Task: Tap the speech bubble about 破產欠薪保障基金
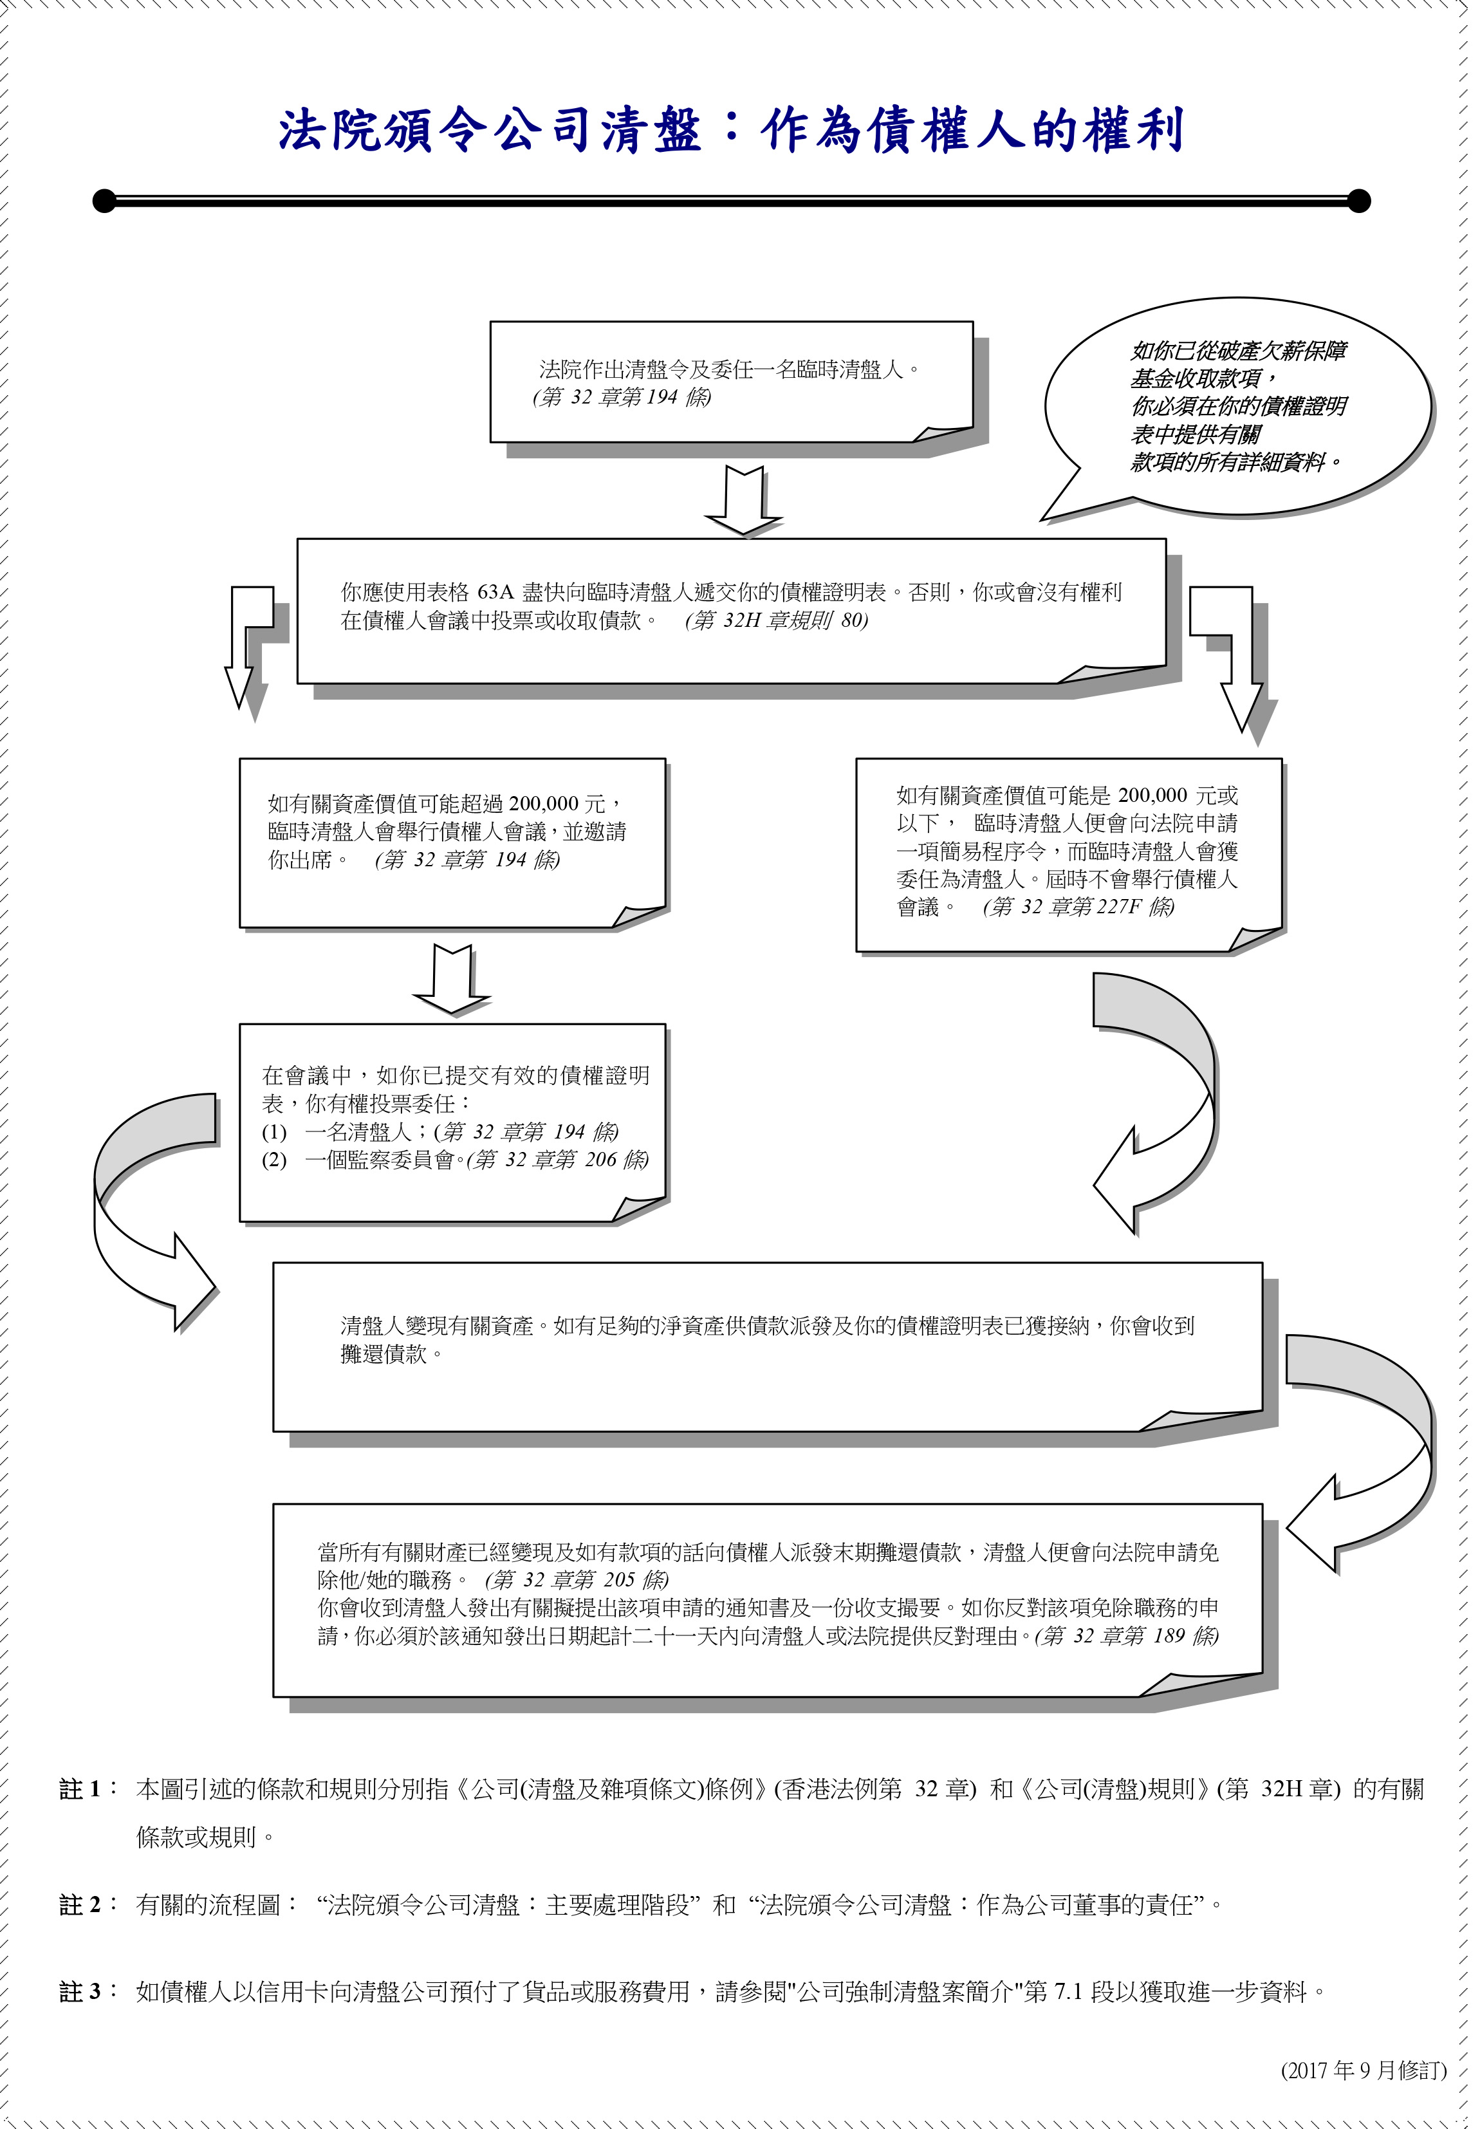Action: point(1239,408)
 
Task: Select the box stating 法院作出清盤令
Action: point(732,382)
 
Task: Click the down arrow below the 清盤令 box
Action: point(744,501)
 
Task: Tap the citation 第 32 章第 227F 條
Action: point(1078,907)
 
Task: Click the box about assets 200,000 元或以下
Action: point(1069,855)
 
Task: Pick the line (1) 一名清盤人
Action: point(441,1132)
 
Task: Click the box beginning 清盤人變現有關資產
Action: point(768,1346)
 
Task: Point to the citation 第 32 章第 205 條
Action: point(577,1579)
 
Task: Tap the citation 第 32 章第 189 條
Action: point(1127,1635)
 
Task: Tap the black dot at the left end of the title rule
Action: point(105,200)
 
